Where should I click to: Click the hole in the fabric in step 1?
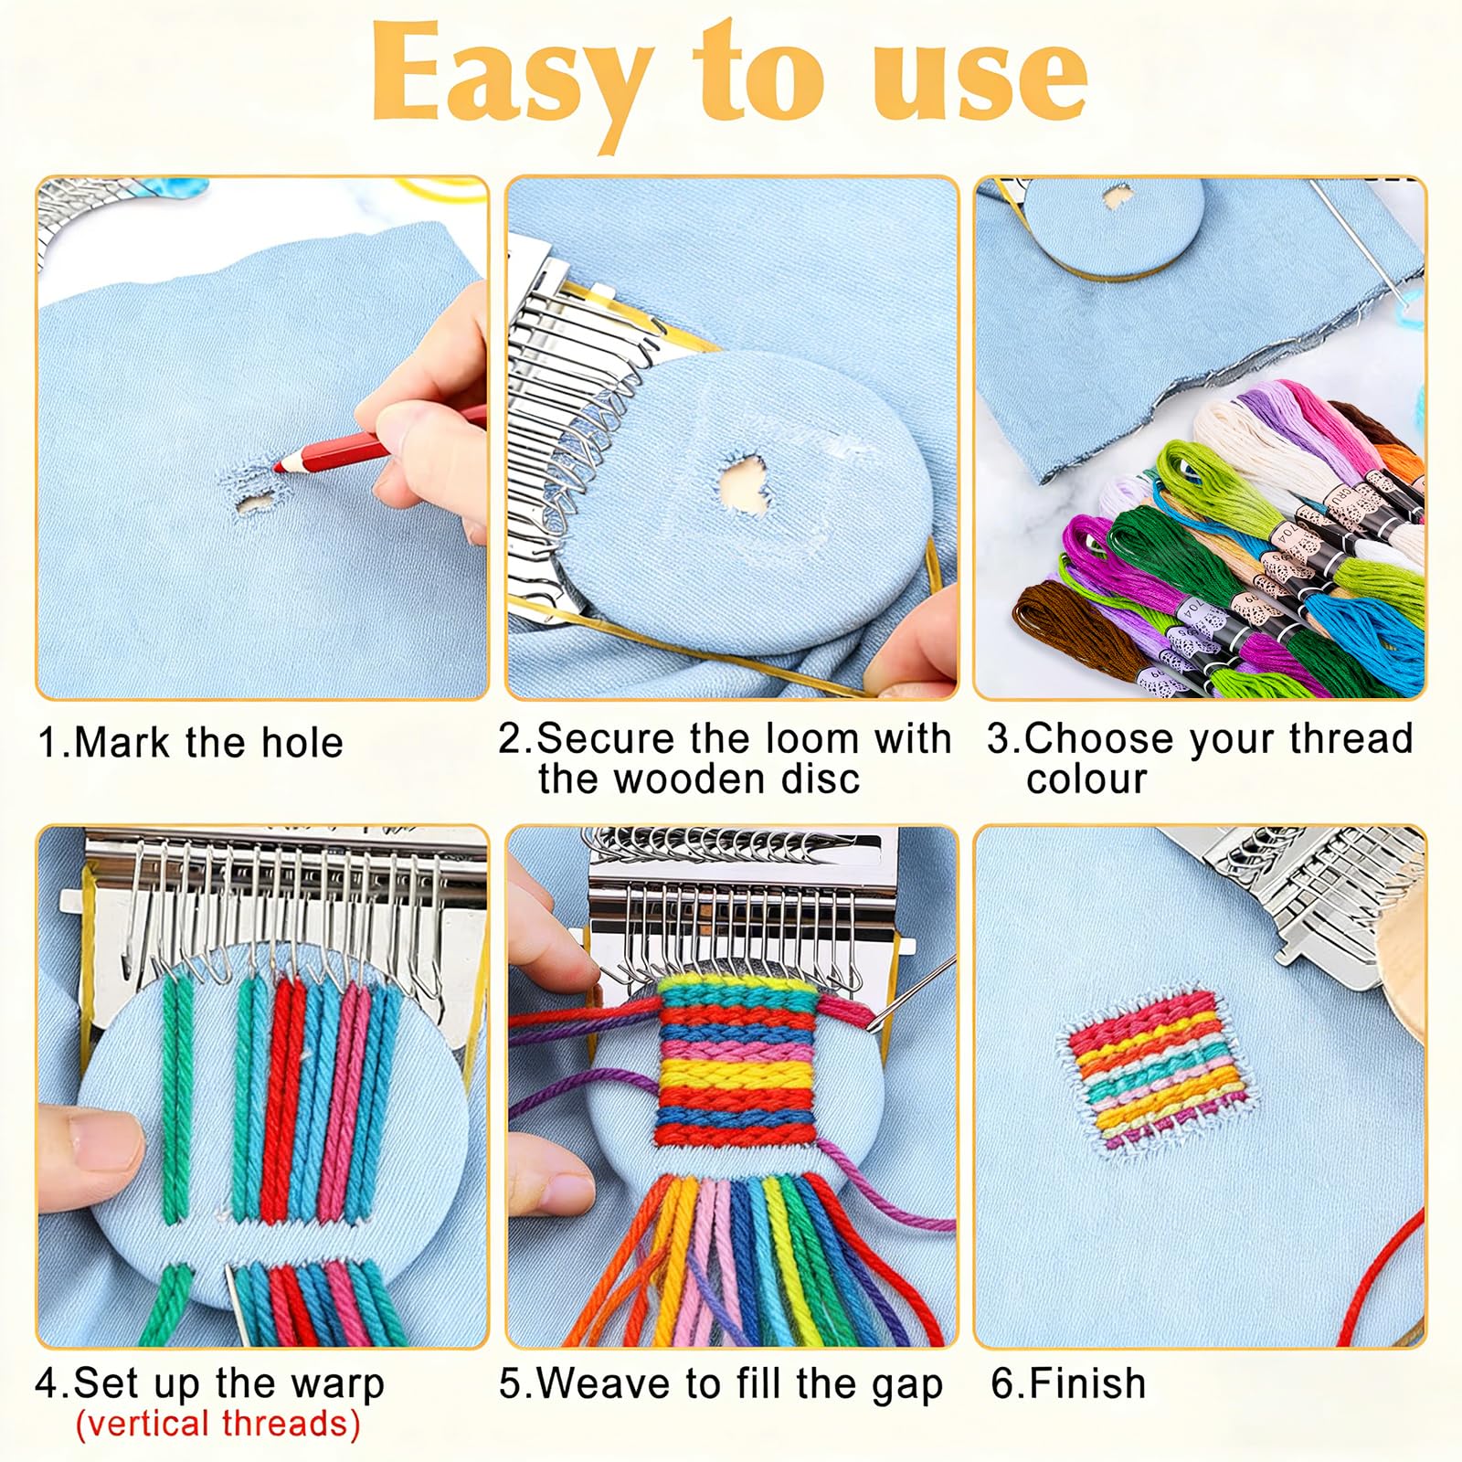(x=255, y=503)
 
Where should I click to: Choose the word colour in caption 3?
(x=1086, y=779)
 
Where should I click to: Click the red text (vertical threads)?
(x=217, y=1424)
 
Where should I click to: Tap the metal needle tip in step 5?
(x=873, y=1029)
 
